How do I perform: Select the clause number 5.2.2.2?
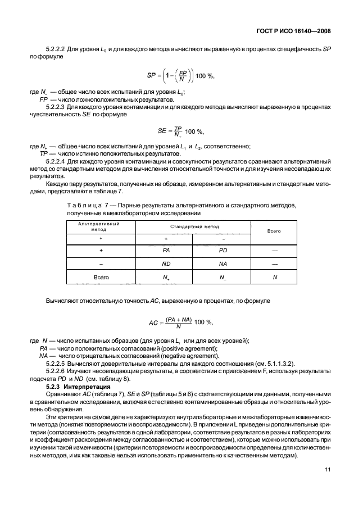(56, 49)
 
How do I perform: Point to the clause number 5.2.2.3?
(56, 106)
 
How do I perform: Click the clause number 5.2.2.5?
(56, 364)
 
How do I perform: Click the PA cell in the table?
(166, 249)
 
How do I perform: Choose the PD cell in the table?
(223, 249)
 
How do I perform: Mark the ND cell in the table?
(166, 263)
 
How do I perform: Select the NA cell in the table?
(223, 263)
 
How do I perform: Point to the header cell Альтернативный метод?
(101, 226)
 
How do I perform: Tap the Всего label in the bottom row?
(101, 277)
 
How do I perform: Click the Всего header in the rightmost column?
(274, 231)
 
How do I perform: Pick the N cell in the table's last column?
(274, 277)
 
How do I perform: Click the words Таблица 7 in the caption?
(87, 207)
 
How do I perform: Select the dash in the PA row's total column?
(274, 249)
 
